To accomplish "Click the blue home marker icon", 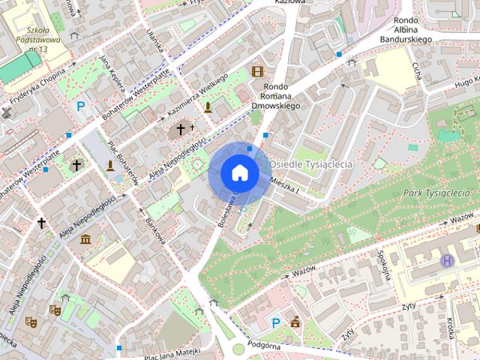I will click(x=240, y=172).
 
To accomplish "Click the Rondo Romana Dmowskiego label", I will click(x=280, y=95).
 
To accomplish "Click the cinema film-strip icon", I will click(x=258, y=71).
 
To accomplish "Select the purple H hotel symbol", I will click(x=448, y=260).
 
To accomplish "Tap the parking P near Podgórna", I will click(x=275, y=323).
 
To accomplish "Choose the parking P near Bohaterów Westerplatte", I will click(x=81, y=106).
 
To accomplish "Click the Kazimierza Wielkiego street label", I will click(x=197, y=94).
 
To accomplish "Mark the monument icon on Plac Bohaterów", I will click(x=111, y=165).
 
